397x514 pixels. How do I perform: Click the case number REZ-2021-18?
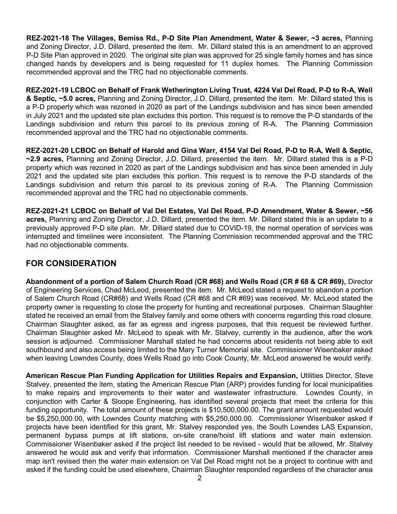(47, 38)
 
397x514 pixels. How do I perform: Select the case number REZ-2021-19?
(47, 90)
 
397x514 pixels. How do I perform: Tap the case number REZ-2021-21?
(47, 211)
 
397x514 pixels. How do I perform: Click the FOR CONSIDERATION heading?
(71, 263)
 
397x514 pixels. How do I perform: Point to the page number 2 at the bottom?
(199, 478)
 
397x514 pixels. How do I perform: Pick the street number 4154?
(228, 151)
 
